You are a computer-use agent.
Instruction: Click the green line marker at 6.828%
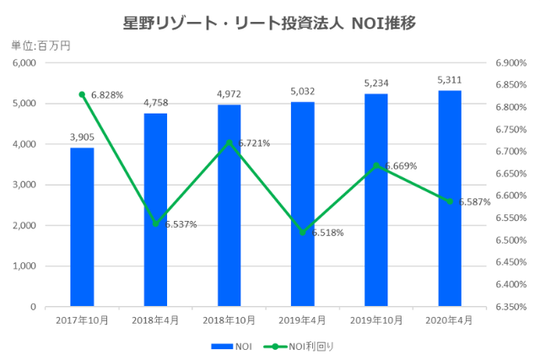point(82,94)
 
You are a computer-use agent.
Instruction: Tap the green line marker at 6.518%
point(303,232)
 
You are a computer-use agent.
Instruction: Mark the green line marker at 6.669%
point(376,165)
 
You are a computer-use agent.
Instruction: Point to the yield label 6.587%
point(474,202)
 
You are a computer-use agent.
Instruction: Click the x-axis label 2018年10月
point(229,321)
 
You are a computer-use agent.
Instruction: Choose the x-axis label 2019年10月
point(376,321)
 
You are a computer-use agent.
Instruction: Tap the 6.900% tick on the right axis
point(510,63)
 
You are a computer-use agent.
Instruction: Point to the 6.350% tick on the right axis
point(510,308)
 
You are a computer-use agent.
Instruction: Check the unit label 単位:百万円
point(40,46)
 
